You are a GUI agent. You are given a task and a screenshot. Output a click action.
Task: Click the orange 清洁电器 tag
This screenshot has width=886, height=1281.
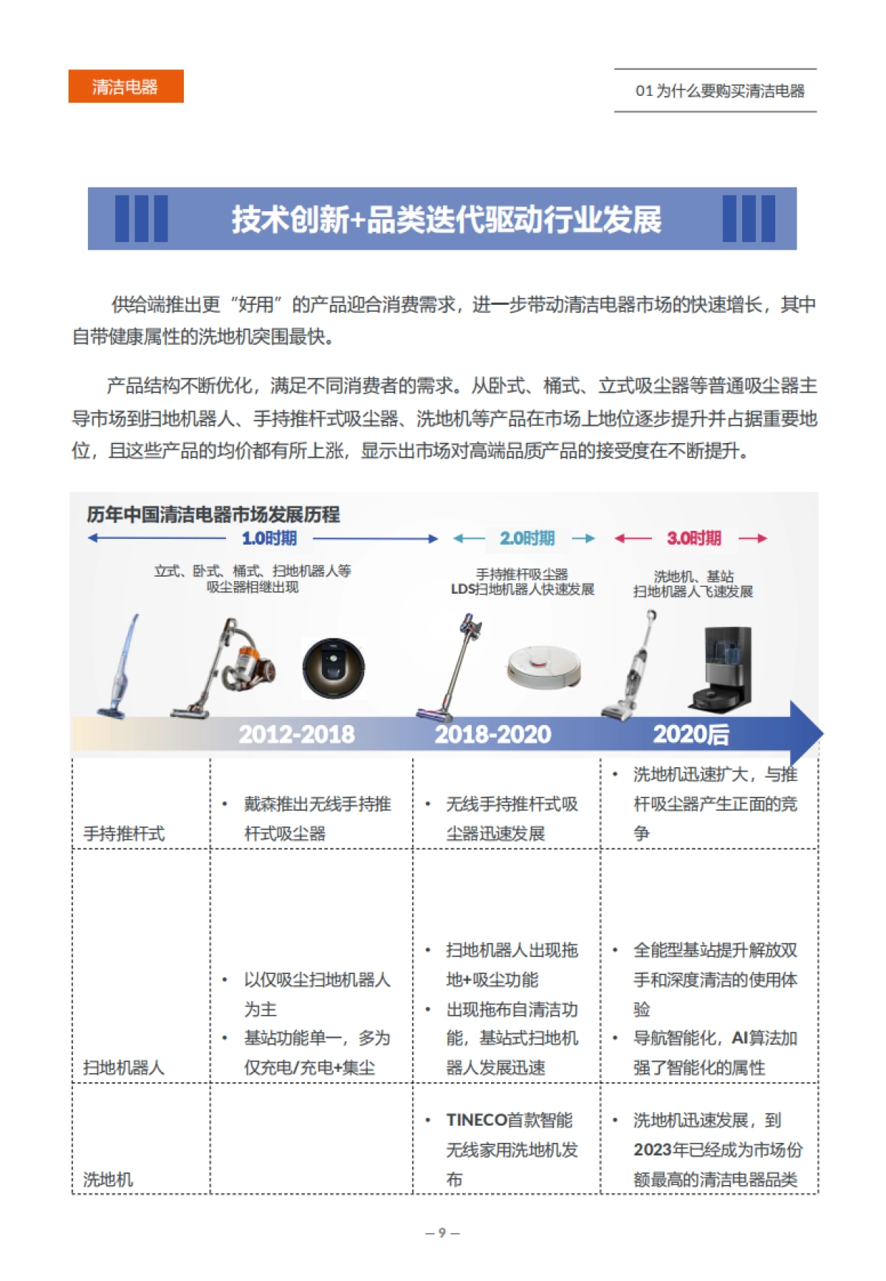click(x=126, y=86)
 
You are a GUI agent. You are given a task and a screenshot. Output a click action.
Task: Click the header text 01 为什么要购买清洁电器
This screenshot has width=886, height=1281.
click(x=719, y=91)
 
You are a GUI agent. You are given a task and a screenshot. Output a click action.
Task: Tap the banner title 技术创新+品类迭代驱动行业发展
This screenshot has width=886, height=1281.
click(x=446, y=219)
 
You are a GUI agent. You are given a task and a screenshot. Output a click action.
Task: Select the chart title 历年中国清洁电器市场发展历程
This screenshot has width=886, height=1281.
click(x=213, y=514)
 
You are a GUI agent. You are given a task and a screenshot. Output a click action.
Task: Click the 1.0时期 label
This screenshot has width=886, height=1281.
click(x=269, y=538)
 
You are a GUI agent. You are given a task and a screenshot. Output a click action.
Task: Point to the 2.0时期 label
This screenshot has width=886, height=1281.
click(x=526, y=538)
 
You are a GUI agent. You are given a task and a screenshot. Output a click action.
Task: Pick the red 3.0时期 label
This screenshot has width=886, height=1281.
click(x=693, y=538)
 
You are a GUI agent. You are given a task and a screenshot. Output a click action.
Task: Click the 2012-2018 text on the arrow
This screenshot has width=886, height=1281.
click(x=296, y=734)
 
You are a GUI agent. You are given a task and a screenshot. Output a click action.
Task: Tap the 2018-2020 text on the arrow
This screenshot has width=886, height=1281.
click(x=492, y=734)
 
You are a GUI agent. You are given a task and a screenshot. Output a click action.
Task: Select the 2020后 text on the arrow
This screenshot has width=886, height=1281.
click(x=690, y=734)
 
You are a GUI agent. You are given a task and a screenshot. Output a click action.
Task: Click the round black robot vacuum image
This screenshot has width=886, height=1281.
click(x=334, y=668)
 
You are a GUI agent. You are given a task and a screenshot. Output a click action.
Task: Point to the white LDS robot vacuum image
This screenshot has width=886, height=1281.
click(x=543, y=666)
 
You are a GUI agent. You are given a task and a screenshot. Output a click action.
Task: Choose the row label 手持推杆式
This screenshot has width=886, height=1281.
click(x=124, y=834)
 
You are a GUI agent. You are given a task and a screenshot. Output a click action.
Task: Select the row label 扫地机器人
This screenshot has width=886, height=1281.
click(x=124, y=1067)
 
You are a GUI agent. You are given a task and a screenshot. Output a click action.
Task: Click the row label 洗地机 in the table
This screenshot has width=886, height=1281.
click(x=109, y=1179)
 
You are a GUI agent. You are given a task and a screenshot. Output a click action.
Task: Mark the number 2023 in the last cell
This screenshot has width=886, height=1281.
click(x=653, y=1150)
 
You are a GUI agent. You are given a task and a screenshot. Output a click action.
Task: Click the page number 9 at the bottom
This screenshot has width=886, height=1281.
click(x=442, y=1232)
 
